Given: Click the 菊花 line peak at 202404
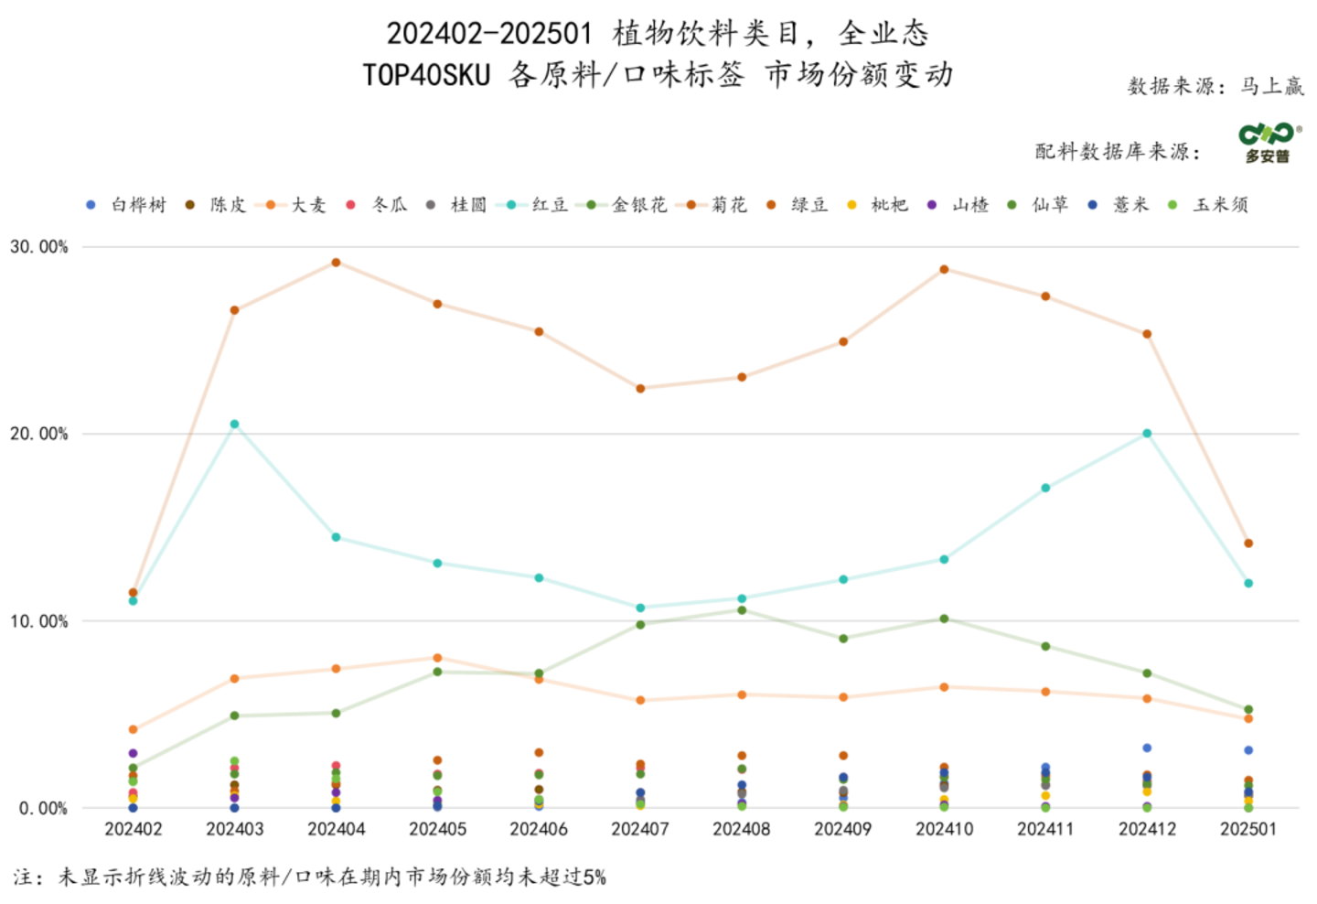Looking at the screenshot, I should [x=336, y=263].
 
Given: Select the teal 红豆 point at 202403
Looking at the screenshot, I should [x=234, y=425].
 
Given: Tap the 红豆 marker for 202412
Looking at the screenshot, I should [x=1147, y=434].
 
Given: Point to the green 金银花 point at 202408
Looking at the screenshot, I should [x=742, y=610].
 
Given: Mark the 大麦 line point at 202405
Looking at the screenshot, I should [x=437, y=658].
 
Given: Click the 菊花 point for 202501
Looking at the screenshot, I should [x=1248, y=543].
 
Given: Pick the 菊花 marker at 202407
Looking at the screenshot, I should [x=640, y=389].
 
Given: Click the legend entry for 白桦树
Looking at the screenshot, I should [x=128, y=205].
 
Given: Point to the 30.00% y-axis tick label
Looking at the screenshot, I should [x=39, y=247].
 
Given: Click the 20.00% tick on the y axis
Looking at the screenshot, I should [x=39, y=434].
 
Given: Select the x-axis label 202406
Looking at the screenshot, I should [x=539, y=829].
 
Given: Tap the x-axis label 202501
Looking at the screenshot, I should [x=1248, y=829].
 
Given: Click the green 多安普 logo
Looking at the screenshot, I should [x=1268, y=143].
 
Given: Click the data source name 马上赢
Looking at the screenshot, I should [x=1272, y=86].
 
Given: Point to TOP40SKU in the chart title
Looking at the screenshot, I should [x=426, y=75].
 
